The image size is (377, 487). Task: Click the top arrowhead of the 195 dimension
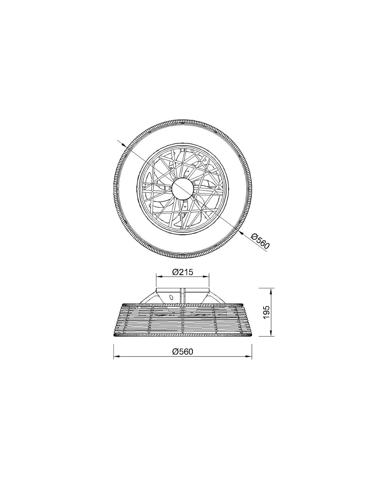pyautogui.click(x=271, y=290)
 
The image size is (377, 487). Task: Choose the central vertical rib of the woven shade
pyautogui.click(x=184, y=320)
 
